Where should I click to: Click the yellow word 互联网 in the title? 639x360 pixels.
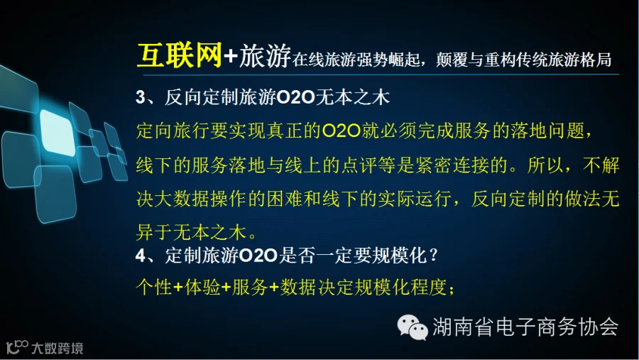click(x=180, y=55)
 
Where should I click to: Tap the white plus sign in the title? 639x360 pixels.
click(x=231, y=56)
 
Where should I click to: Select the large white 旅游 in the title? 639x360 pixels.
click(x=265, y=56)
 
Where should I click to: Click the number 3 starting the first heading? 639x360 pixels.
click(x=141, y=98)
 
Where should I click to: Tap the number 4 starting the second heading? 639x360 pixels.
click(x=141, y=256)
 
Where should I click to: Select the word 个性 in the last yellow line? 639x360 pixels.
click(x=154, y=288)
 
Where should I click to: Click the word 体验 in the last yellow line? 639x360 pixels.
click(x=202, y=288)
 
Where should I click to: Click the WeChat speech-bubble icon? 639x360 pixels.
click(x=413, y=327)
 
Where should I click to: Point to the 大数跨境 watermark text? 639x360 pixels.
click(x=58, y=348)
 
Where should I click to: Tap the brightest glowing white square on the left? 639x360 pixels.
click(x=58, y=133)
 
